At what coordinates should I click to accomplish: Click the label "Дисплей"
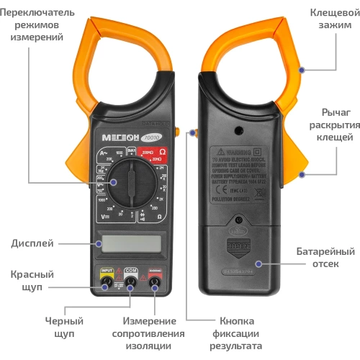32,243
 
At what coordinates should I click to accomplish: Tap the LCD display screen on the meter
130,243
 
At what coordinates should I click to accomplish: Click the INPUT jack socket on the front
107,282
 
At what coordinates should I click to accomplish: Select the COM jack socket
130,282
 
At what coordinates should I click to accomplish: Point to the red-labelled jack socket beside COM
154,282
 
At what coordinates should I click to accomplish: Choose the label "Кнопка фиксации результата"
237,333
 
